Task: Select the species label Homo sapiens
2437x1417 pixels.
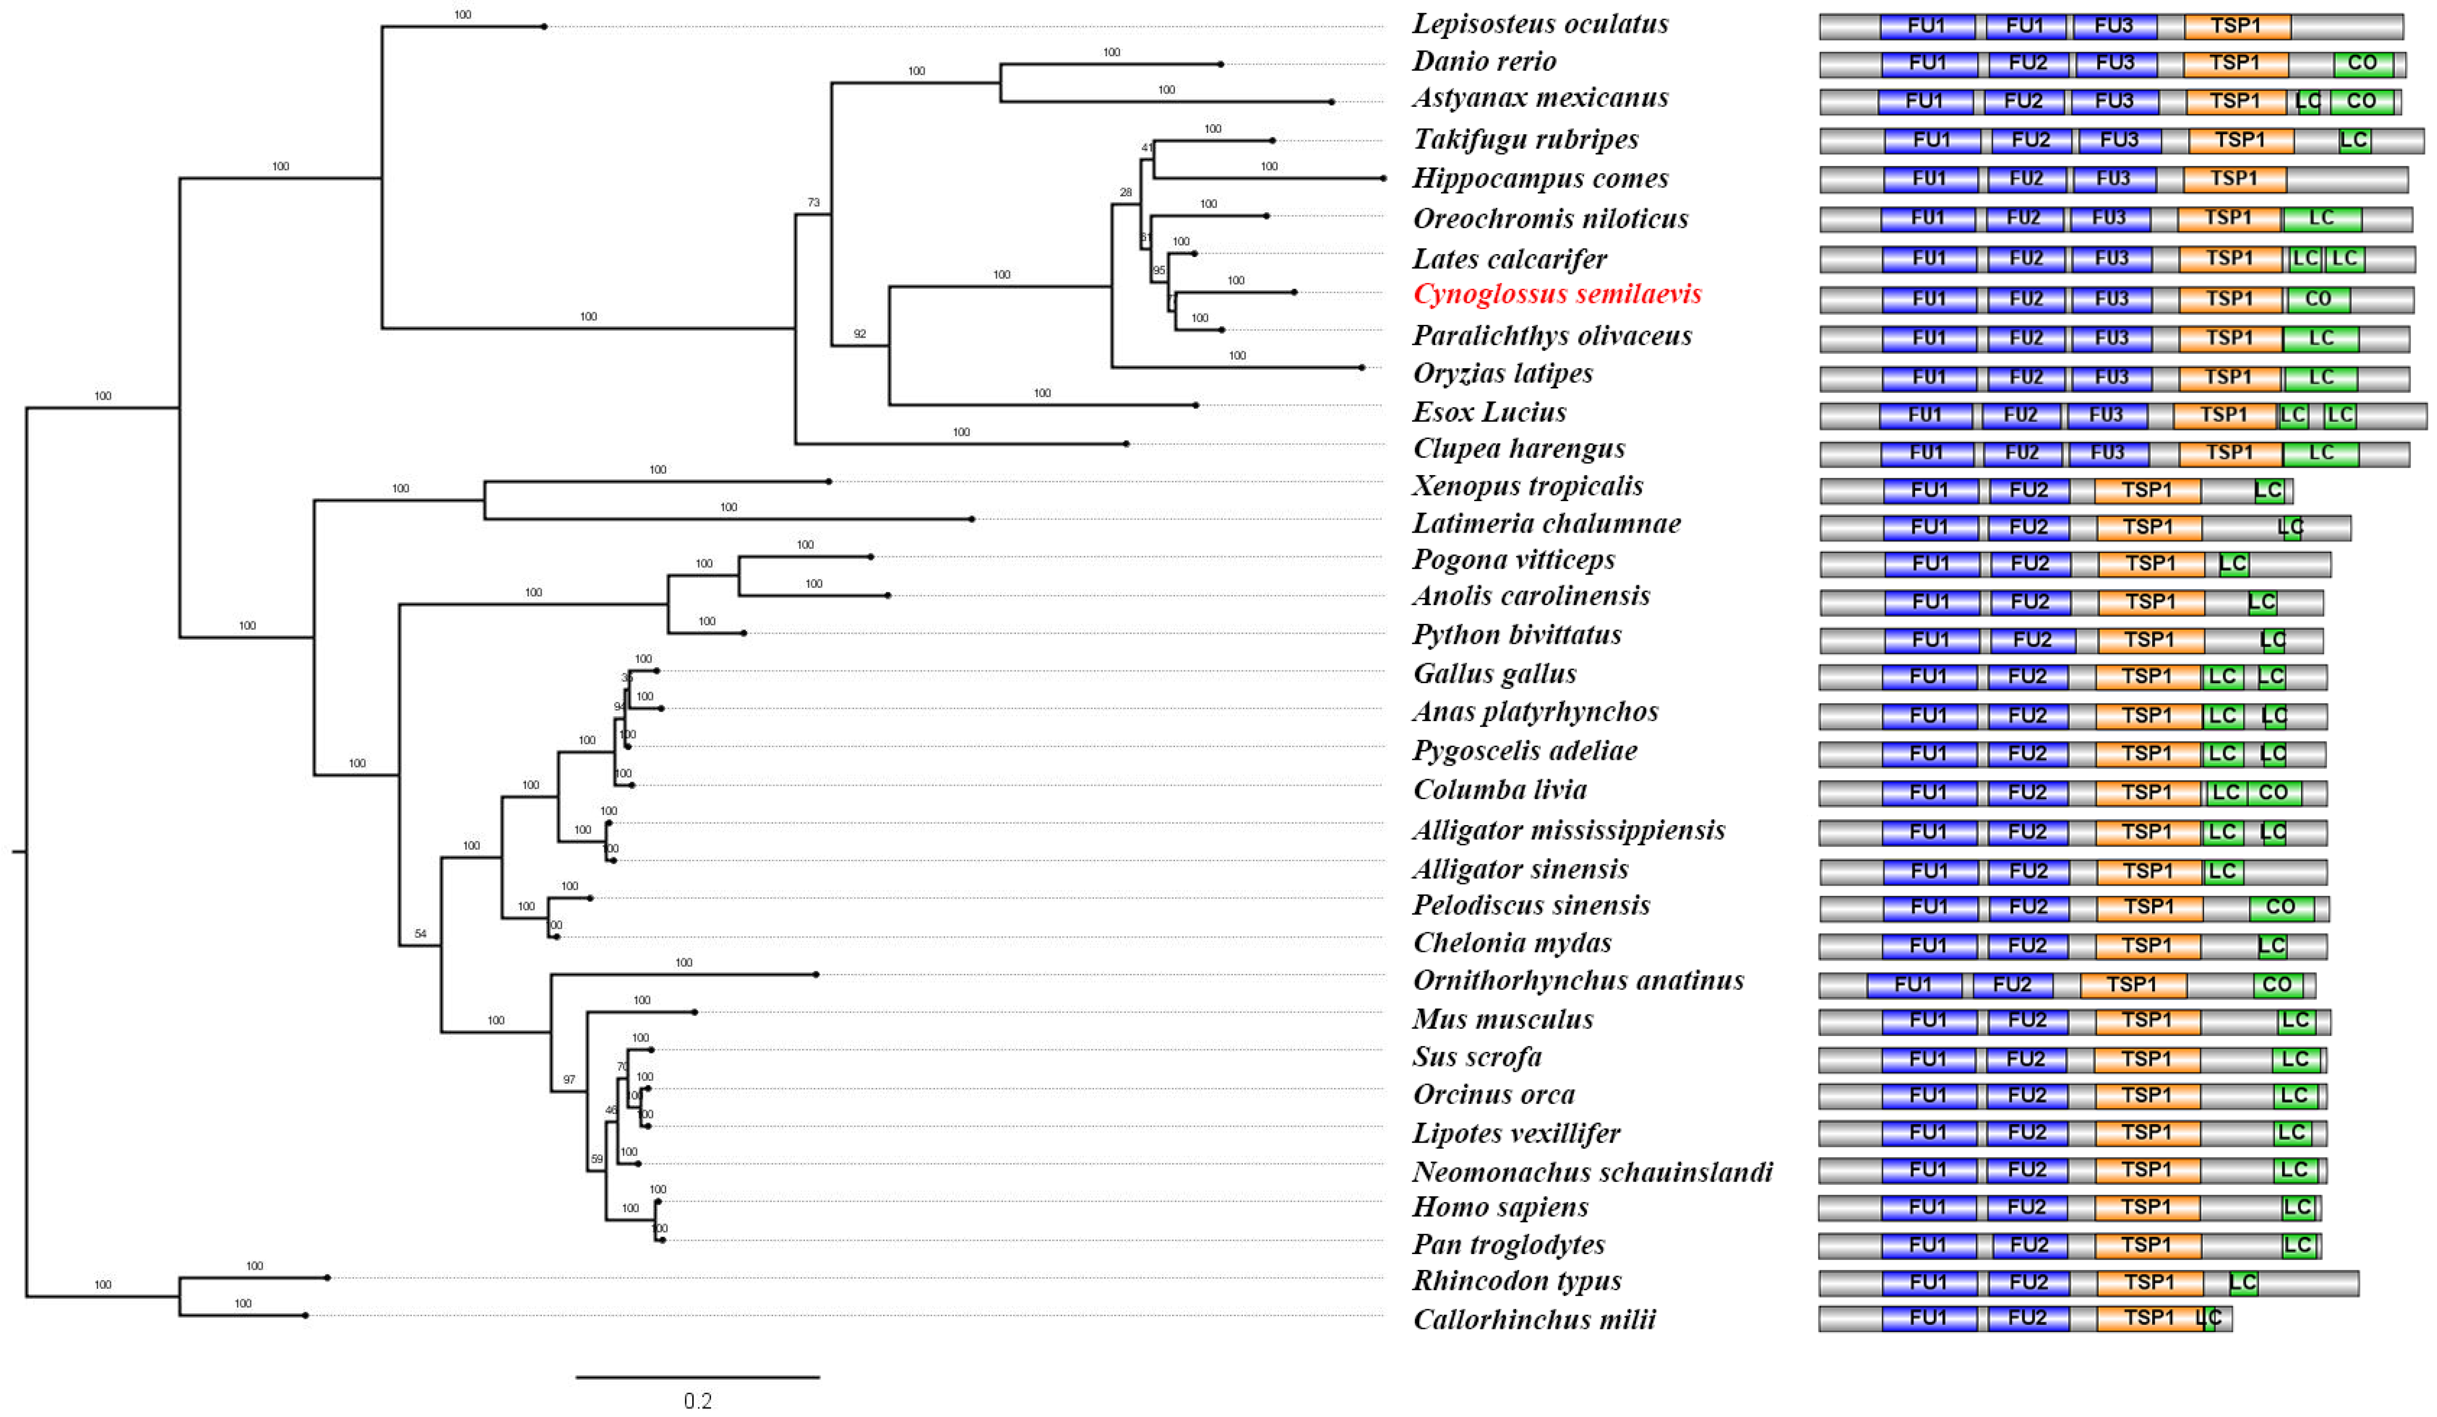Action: coord(1500,1207)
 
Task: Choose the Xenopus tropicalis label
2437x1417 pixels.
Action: coord(1528,486)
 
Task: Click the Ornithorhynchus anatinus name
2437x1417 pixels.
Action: coord(1578,981)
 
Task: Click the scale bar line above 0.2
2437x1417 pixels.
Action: coord(697,1376)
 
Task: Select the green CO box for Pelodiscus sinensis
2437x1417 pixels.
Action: coord(2280,908)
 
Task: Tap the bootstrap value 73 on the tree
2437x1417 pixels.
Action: coord(813,203)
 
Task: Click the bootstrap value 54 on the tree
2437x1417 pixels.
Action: coord(420,934)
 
